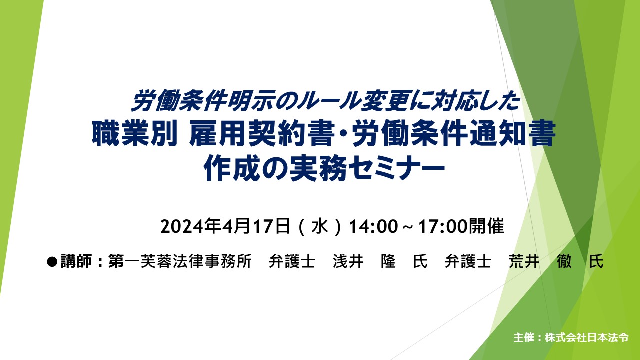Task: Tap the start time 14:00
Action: [x=373, y=227]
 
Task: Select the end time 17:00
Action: [x=443, y=227]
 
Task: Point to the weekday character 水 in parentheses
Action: [x=319, y=227]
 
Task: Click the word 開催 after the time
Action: [x=485, y=226]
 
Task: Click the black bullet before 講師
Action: [x=52, y=261]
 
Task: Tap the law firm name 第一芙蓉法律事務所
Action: [x=180, y=261]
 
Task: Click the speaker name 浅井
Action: [x=348, y=261]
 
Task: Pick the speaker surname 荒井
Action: [x=524, y=261]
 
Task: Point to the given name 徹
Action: [x=564, y=261]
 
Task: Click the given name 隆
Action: [x=388, y=261]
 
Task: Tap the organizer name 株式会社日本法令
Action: [x=587, y=337]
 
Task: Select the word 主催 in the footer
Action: [x=524, y=337]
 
